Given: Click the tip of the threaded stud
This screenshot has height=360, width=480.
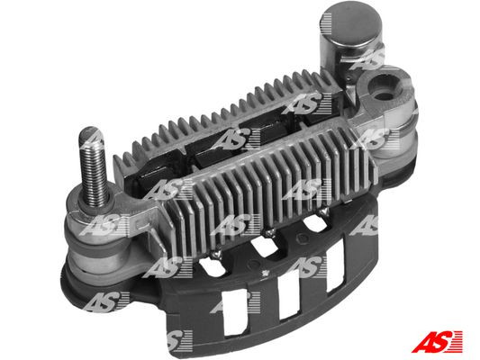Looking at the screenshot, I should pyautogui.click(x=91, y=135).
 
